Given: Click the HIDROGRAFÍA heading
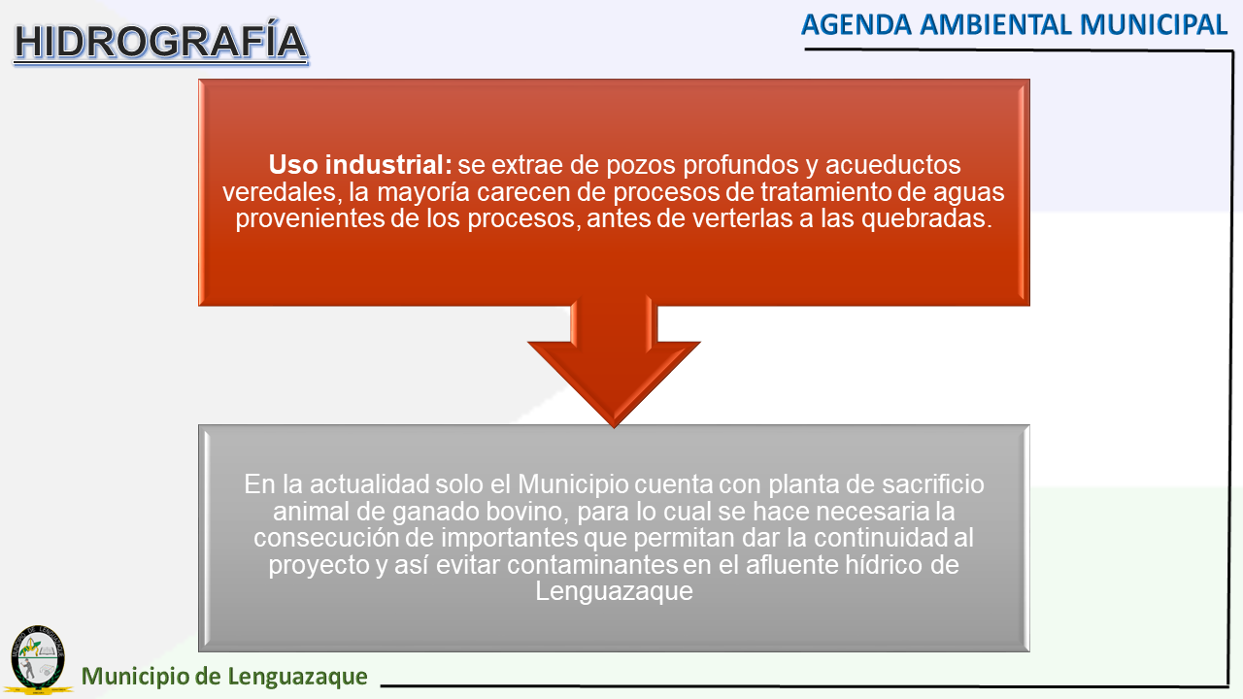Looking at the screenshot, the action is pos(160,42).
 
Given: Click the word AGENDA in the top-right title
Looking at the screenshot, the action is pos(857,25).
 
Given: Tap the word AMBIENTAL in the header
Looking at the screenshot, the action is pos(995,25).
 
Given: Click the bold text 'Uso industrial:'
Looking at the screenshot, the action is pos(360,165).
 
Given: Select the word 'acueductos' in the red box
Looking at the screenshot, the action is pos(892,165).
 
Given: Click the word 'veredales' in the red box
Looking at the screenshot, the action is pos(280,192).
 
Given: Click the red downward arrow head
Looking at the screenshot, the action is pos(614,383).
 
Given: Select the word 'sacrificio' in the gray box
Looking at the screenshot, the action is pos(933,484).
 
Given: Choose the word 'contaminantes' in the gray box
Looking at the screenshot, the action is pos(592,565).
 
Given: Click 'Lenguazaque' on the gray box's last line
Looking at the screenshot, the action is pos(614,591).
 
